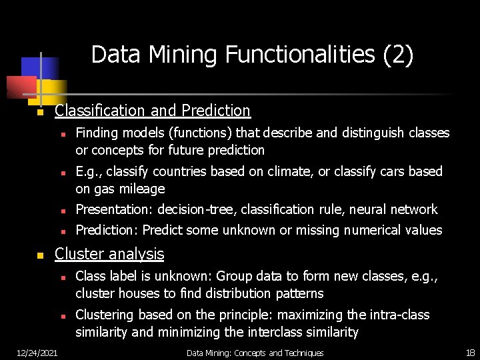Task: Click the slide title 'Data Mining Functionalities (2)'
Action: [252, 55]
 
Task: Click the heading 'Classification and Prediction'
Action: [153, 111]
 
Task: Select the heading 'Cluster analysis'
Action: [109, 254]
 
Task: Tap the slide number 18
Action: [469, 353]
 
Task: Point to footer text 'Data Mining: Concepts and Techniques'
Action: [255, 353]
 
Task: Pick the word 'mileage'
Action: [142, 189]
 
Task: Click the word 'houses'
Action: [140, 293]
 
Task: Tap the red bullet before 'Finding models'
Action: [61, 134]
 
